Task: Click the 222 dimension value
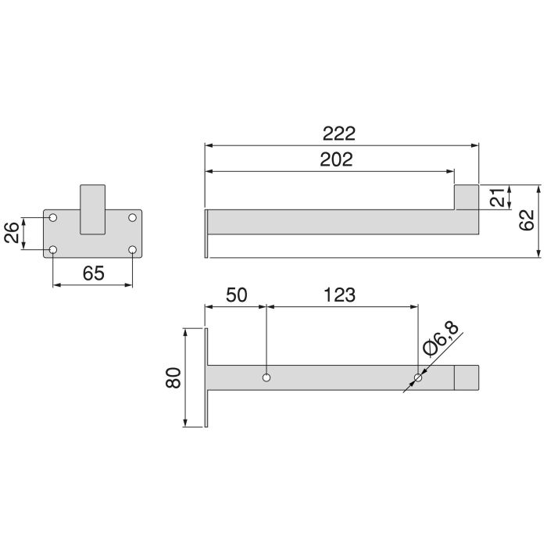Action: coord(341,133)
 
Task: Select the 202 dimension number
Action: coord(336,159)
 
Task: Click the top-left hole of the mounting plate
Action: coord(53,217)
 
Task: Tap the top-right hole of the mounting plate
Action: coord(133,217)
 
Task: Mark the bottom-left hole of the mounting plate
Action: coord(53,250)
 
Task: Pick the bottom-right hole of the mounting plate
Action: coord(133,250)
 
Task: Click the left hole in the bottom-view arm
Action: coord(267,377)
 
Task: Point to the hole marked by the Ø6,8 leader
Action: coord(417,378)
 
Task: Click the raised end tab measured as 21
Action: coord(467,197)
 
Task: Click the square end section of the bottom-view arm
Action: coord(467,377)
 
